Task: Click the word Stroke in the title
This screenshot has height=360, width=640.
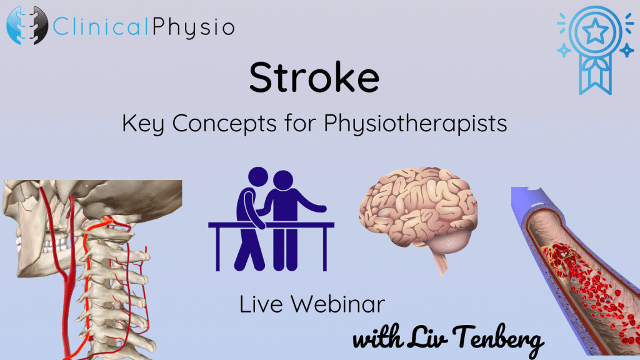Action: (314, 77)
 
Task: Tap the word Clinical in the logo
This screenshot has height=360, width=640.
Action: (101, 26)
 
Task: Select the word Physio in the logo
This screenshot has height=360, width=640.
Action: (194, 27)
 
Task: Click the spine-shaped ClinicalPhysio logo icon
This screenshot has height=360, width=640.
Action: (27, 25)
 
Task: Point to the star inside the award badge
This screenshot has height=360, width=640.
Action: (595, 32)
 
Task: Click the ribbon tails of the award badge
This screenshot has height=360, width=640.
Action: (595, 76)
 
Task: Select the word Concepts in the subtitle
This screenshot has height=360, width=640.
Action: (224, 123)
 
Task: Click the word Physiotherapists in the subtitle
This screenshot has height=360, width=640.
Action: (416, 123)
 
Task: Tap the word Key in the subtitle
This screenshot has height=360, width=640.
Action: (143, 123)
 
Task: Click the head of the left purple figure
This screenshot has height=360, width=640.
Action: (258, 177)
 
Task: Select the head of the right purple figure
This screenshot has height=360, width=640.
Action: (283, 181)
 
